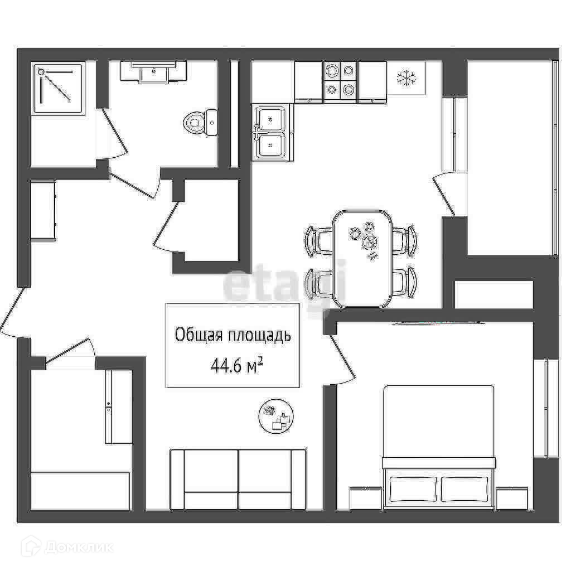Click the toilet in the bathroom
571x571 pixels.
point(201,122)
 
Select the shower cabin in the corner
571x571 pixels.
point(58,89)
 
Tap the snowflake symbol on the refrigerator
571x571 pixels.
point(407,78)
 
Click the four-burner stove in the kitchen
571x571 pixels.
point(341,83)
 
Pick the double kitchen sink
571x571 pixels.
point(272,132)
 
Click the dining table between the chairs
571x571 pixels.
point(362,259)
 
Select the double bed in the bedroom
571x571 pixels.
point(438,447)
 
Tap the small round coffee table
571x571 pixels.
point(276,415)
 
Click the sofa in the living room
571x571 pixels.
point(238,479)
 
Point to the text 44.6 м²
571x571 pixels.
point(236,365)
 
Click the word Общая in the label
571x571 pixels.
point(199,335)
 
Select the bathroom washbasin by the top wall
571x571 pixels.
point(154,72)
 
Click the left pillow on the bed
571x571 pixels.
point(413,488)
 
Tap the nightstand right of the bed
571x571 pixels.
point(512,498)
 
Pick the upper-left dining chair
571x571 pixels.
point(318,240)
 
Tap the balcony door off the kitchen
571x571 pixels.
point(444,193)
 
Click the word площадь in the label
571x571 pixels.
point(259,336)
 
